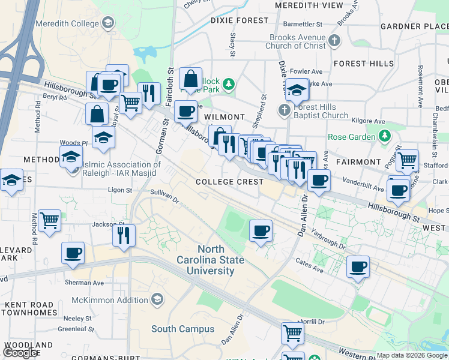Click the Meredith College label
67,24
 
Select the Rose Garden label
354,137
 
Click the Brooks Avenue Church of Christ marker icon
334,41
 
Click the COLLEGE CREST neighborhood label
230,182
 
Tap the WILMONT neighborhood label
224,118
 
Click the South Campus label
182,329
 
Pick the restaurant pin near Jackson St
124,235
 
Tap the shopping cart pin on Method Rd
49,220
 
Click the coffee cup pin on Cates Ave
358,267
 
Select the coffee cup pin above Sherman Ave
73,253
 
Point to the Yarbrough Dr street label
330,241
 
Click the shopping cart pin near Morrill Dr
292,332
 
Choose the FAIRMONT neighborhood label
358,162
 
